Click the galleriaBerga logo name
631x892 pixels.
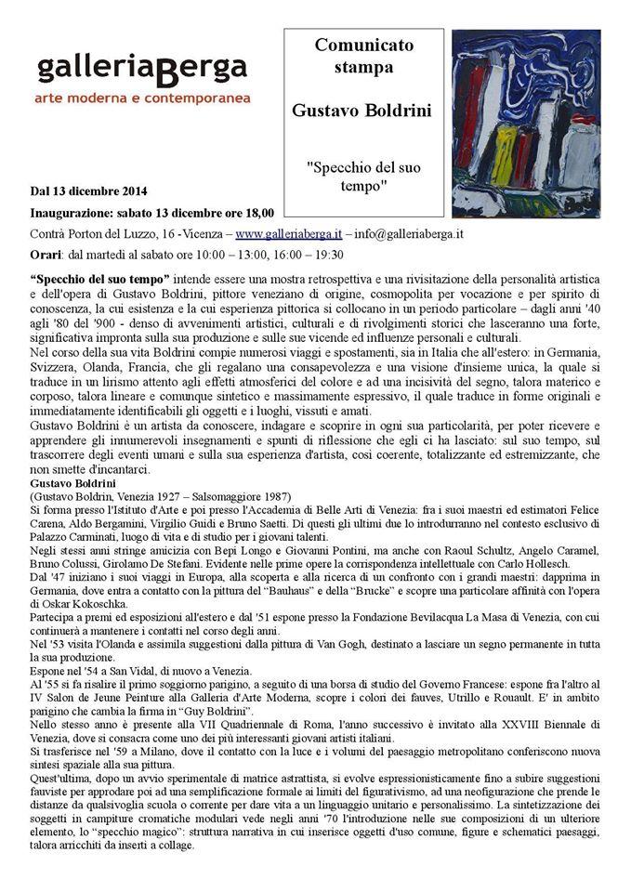[x=142, y=68]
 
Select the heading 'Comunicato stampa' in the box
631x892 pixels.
[x=363, y=55]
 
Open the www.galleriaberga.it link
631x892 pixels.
[x=288, y=233]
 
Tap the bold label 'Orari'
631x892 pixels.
[x=46, y=255]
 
